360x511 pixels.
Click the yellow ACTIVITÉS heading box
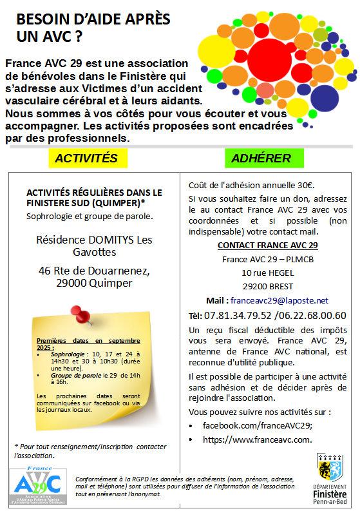coord(86,158)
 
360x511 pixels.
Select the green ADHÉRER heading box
coord(261,158)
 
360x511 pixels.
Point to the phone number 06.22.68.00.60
coord(314,315)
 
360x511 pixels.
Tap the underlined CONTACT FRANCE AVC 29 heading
coord(267,246)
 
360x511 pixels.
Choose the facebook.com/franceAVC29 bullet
coord(257,425)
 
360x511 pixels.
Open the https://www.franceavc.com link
coord(257,439)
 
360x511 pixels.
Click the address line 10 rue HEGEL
coord(267,273)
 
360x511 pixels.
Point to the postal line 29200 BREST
coord(267,286)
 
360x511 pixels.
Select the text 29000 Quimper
coord(95,283)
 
